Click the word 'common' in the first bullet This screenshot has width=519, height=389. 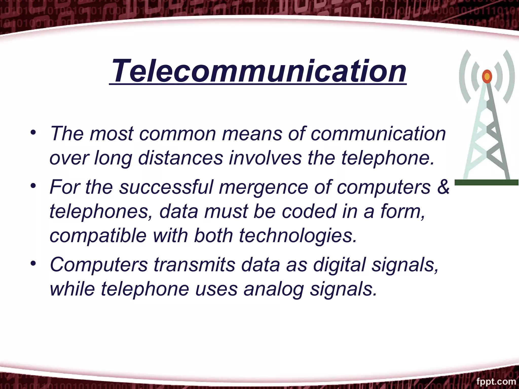[x=177, y=133]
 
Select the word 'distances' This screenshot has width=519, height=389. [x=180, y=158]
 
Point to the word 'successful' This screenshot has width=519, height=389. [x=166, y=187]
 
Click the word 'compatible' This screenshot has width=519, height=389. [x=98, y=236]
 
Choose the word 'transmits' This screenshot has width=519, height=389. [x=194, y=265]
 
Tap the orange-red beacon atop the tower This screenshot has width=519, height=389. [x=487, y=76]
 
